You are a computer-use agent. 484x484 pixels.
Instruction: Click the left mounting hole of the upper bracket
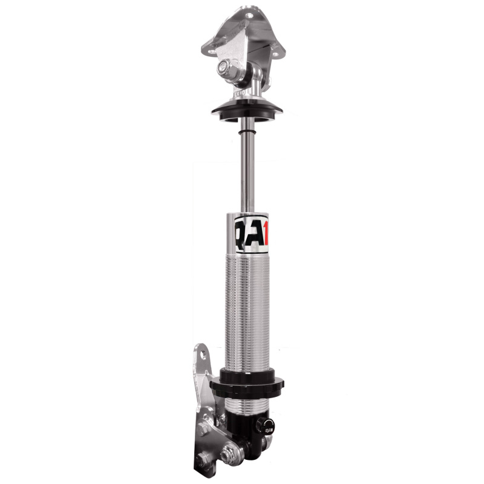[x=210, y=46]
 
